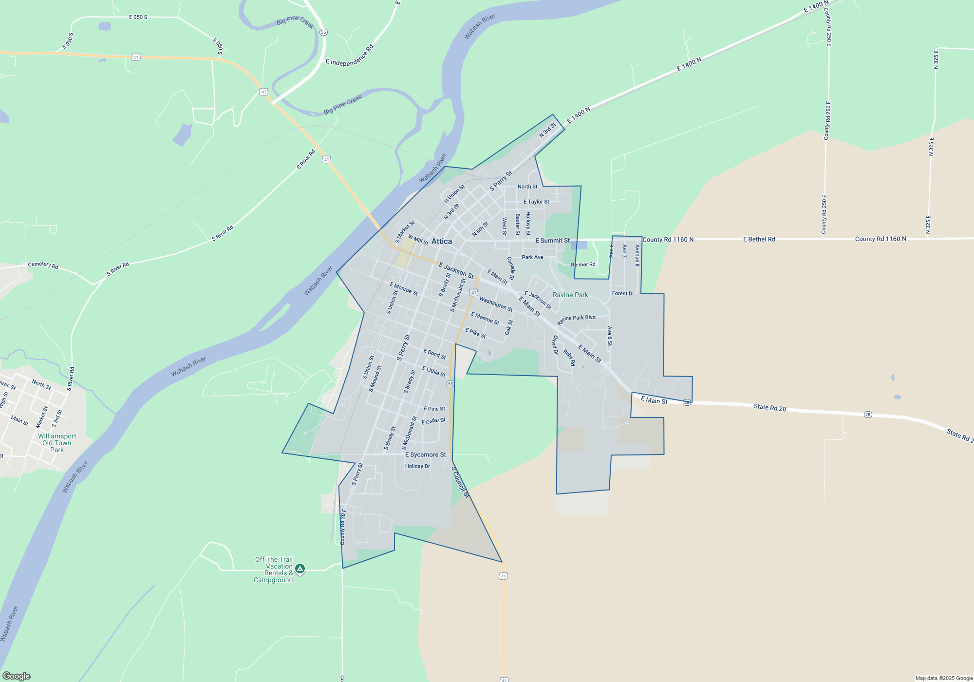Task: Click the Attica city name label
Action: pyautogui.click(x=441, y=241)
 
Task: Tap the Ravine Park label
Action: pyautogui.click(x=570, y=295)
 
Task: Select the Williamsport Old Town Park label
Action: pyautogui.click(x=57, y=443)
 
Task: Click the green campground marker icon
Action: pyautogui.click(x=300, y=568)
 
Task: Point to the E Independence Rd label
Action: pyautogui.click(x=349, y=56)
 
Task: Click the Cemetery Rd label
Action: pyautogui.click(x=43, y=265)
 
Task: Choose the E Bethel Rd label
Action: pyautogui.click(x=759, y=239)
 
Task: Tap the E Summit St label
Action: pyautogui.click(x=552, y=241)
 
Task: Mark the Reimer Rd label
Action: pyautogui.click(x=583, y=265)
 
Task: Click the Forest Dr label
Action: pyautogui.click(x=623, y=293)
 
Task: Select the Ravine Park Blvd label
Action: pyautogui.click(x=576, y=320)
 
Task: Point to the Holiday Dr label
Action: pyautogui.click(x=417, y=466)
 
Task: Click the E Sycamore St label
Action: pyautogui.click(x=425, y=455)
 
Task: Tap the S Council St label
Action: pyautogui.click(x=460, y=482)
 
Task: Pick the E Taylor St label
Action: pyautogui.click(x=536, y=202)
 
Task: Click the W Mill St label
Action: pyautogui.click(x=418, y=240)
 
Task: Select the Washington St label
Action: pyautogui.click(x=496, y=304)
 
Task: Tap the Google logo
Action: pyautogui.click(x=17, y=676)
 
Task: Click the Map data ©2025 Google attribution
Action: pyautogui.click(x=943, y=678)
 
